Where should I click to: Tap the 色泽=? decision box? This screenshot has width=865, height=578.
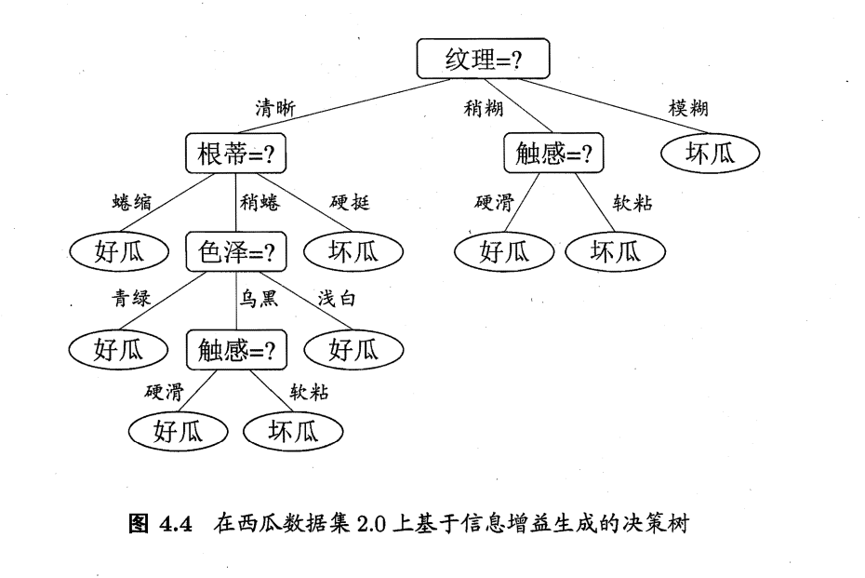(236, 251)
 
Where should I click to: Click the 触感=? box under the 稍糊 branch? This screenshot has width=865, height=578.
(553, 153)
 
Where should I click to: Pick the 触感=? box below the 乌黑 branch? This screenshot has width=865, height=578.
(236, 350)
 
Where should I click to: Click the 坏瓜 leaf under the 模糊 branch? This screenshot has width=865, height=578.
(710, 153)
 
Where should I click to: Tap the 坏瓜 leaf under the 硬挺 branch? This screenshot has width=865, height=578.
(353, 251)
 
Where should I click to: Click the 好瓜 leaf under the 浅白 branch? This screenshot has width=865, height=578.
(353, 350)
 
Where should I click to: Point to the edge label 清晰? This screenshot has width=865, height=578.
(276, 109)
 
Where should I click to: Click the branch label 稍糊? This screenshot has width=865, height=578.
(484, 109)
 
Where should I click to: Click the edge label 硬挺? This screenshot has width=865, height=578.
(350, 202)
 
